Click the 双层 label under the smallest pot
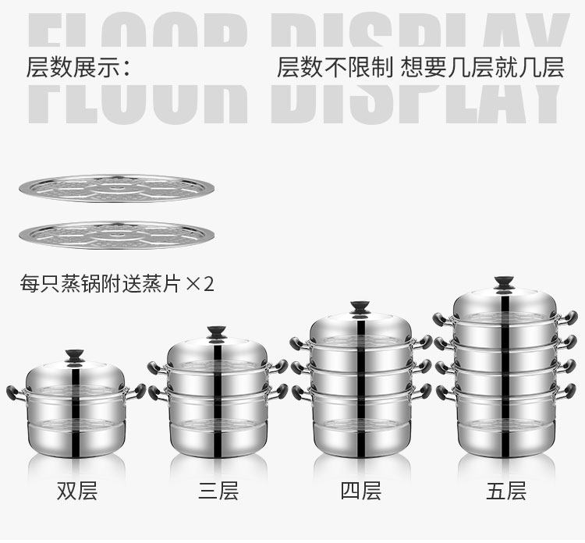[x=77, y=491]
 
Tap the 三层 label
[x=218, y=491]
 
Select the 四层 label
[x=361, y=491]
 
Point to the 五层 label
[x=506, y=491]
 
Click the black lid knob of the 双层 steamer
[x=75, y=356]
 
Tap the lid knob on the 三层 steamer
[x=217, y=332]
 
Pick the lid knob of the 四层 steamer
[x=360, y=308]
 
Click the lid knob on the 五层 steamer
[x=504, y=283]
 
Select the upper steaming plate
[x=117, y=188]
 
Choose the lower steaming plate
[x=117, y=235]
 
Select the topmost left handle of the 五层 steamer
[x=442, y=319]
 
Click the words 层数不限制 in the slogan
[x=335, y=68]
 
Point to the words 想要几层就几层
[x=482, y=68]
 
